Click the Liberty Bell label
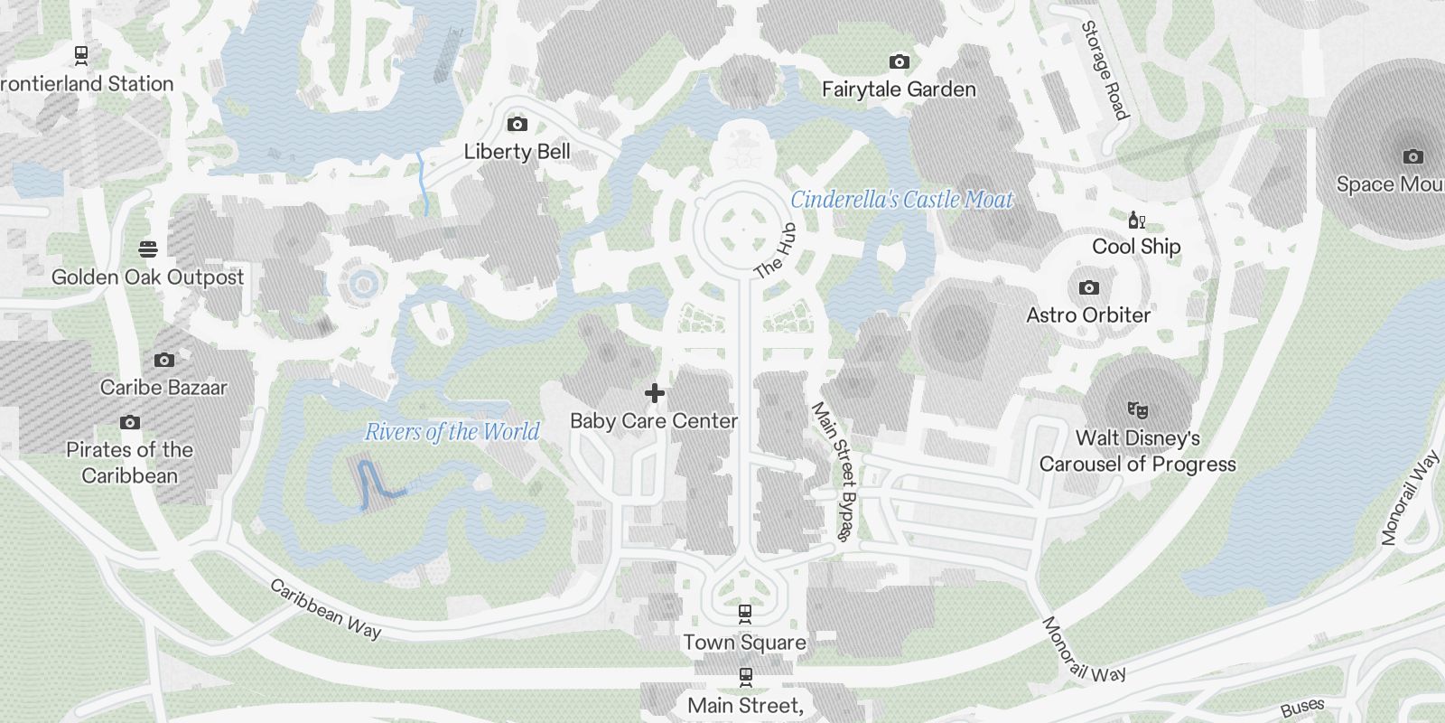pyautogui.click(x=517, y=152)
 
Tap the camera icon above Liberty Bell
pyautogui.click(x=517, y=124)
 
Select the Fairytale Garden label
pyautogui.click(x=899, y=89)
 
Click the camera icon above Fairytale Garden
pyautogui.click(x=899, y=61)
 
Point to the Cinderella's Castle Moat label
pyautogui.click(x=902, y=200)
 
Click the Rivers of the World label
pyautogui.click(x=452, y=432)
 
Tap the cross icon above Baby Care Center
pyautogui.click(x=655, y=393)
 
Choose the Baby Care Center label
pyautogui.click(x=654, y=421)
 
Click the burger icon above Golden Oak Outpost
pyautogui.click(x=148, y=249)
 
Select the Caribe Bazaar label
pyautogui.click(x=163, y=388)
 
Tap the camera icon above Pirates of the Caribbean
pyautogui.click(x=130, y=422)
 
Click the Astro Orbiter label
pyautogui.click(x=1088, y=315)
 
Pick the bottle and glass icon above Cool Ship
pyautogui.click(x=1136, y=220)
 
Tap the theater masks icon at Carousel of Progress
pyautogui.click(x=1137, y=410)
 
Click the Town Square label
pyautogui.click(x=744, y=643)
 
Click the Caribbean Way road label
pyautogui.click(x=325, y=609)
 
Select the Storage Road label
pyautogui.click(x=1105, y=70)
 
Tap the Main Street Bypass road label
pyautogui.click(x=834, y=471)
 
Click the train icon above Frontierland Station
pyautogui.click(x=81, y=55)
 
